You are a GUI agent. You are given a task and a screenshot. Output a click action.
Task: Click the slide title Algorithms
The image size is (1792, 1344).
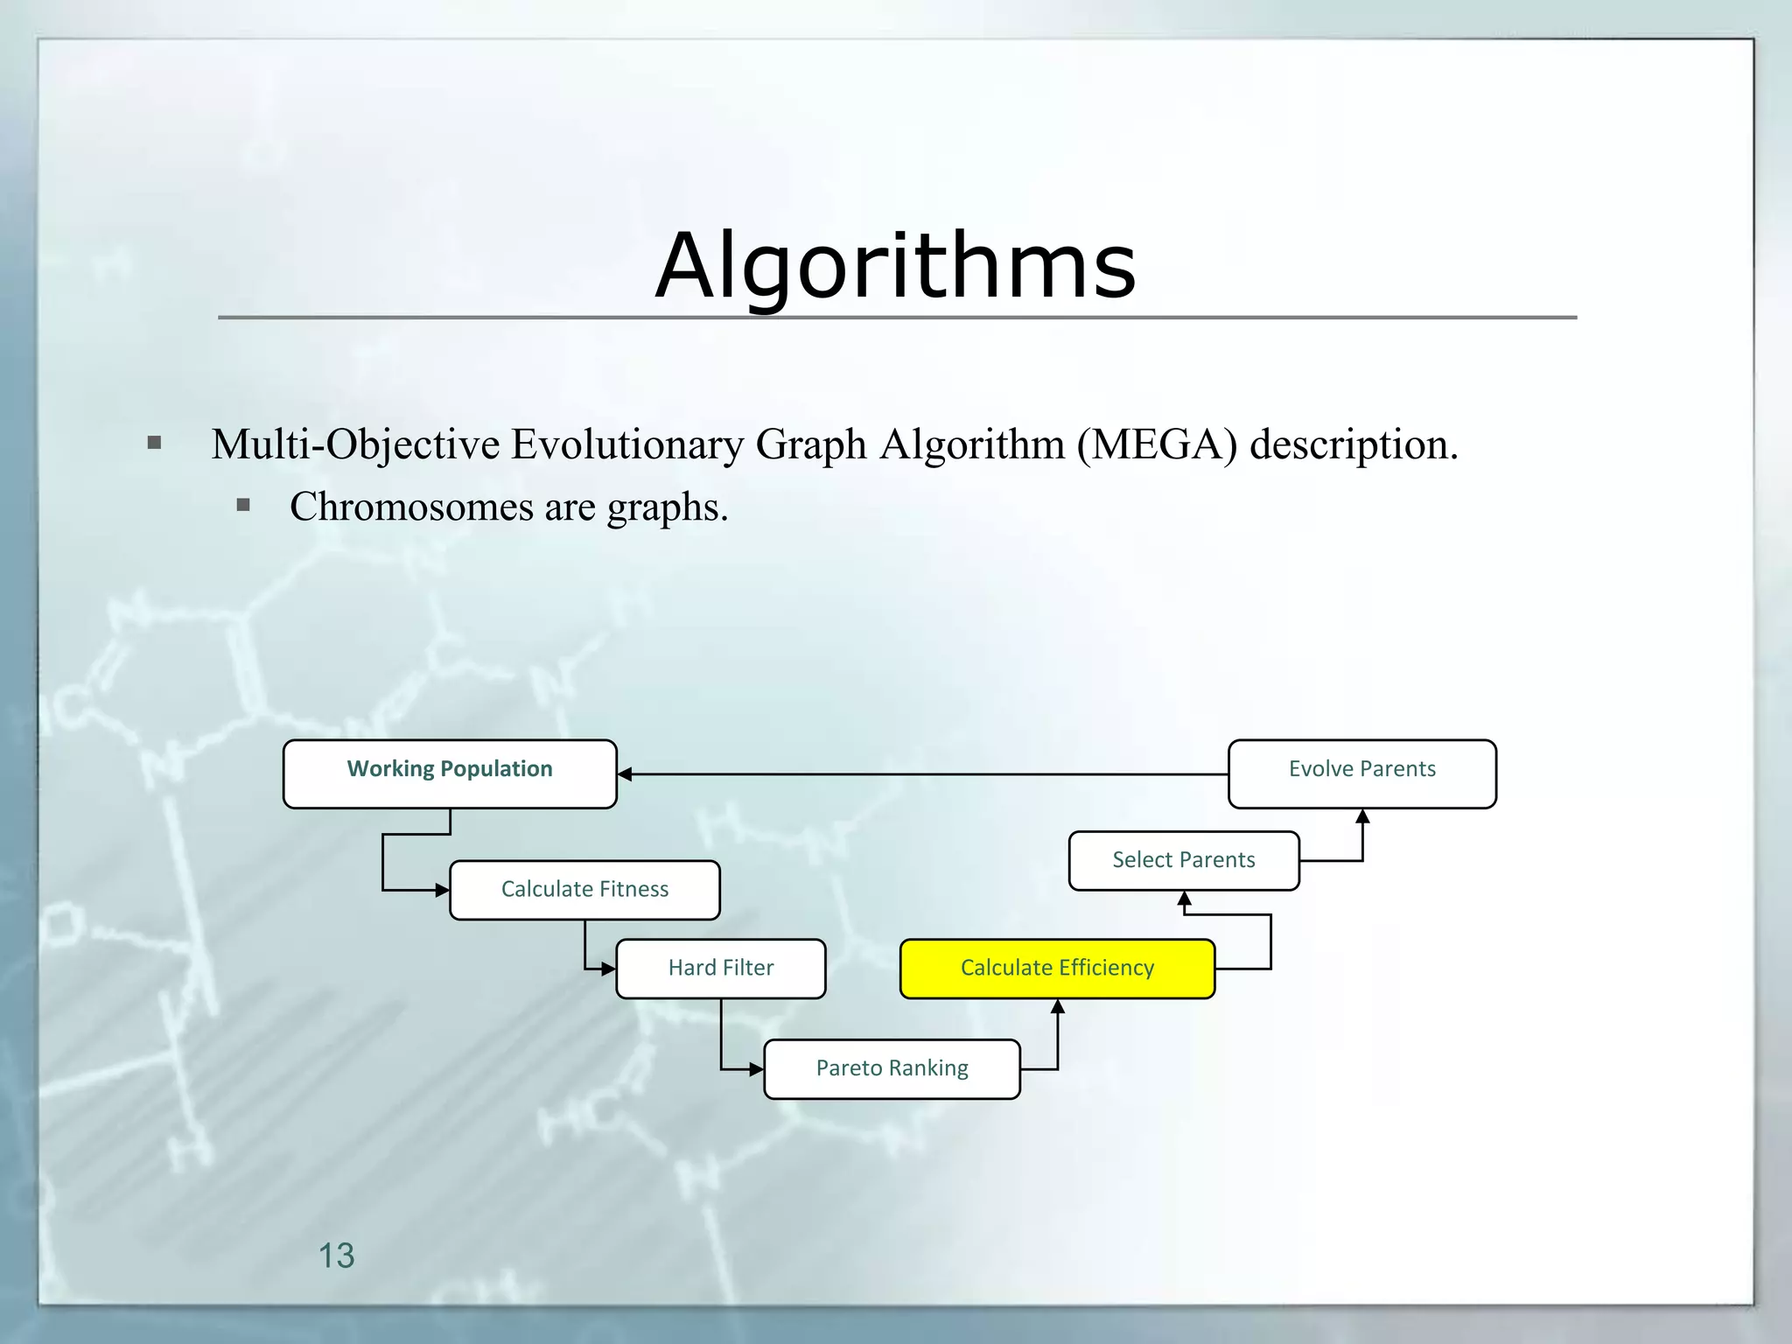(895, 265)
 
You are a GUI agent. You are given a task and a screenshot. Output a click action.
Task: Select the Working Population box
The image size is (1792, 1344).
(450, 773)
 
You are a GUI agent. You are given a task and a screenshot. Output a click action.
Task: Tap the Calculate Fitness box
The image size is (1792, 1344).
(584, 890)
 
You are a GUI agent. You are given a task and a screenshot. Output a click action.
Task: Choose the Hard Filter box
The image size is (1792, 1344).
(720, 969)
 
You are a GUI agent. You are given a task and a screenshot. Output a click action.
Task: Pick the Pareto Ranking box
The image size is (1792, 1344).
(892, 1068)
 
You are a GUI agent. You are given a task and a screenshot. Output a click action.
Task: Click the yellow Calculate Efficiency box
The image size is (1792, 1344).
(1057, 969)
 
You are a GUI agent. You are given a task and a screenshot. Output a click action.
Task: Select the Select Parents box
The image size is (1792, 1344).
(1183, 861)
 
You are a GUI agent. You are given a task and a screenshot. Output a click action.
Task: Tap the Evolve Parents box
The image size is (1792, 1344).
(1361, 773)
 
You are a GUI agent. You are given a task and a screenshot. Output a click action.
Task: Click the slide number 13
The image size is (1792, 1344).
(336, 1256)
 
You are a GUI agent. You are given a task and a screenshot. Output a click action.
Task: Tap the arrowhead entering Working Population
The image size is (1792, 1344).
(625, 774)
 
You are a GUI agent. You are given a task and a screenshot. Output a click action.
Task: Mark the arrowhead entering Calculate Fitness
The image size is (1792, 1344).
(443, 890)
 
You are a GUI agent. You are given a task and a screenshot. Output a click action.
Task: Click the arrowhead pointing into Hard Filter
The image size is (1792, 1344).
(609, 969)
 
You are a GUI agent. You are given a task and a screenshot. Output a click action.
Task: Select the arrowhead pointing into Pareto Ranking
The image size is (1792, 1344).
(757, 1069)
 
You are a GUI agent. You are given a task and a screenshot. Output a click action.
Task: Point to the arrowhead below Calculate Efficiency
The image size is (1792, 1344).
(1057, 1007)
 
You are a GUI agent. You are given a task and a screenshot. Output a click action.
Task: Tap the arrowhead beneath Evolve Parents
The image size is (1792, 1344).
(1362, 816)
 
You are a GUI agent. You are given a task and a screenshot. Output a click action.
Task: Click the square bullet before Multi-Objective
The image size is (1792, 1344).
(155, 443)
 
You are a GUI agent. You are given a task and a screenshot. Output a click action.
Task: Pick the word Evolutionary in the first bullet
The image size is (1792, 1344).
(626, 444)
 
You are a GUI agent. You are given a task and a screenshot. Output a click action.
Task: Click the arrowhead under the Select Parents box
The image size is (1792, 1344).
(1184, 899)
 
